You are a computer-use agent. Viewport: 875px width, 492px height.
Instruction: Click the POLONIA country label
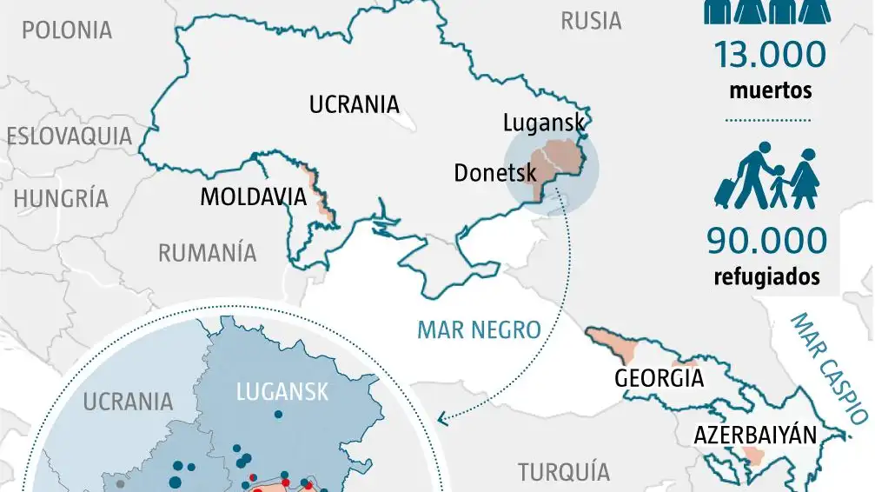click(x=67, y=30)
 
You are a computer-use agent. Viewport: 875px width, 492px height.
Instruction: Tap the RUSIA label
click(x=591, y=21)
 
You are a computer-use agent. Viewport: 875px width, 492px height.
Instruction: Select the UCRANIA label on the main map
click(x=354, y=105)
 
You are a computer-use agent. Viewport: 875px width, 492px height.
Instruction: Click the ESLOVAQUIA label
click(x=70, y=136)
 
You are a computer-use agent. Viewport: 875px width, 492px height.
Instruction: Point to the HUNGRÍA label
click(x=61, y=198)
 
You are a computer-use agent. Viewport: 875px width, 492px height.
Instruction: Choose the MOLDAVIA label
click(x=254, y=197)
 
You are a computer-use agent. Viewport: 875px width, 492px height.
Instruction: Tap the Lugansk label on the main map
click(x=544, y=123)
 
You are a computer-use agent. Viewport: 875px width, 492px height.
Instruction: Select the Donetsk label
click(x=495, y=173)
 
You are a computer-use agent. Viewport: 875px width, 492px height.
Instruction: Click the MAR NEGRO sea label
click(x=479, y=330)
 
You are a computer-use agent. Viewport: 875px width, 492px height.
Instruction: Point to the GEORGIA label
click(x=659, y=379)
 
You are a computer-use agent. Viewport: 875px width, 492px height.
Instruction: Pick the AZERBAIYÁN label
click(x=756, y=435)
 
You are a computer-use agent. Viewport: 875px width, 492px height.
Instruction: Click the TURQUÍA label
click(x=564, y=472)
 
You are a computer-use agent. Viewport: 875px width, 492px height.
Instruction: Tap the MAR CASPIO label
click(x=831, y=369)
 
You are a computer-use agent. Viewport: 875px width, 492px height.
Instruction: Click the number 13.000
click(x=769, y=55)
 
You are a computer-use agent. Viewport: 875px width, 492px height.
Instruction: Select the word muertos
click(x=770, y=90)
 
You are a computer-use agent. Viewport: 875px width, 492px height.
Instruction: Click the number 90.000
click(x=766, y=241)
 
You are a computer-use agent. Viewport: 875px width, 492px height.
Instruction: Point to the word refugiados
click(x=766, y=277)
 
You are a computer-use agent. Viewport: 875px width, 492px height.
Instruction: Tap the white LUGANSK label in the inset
click(x=282, y=393)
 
